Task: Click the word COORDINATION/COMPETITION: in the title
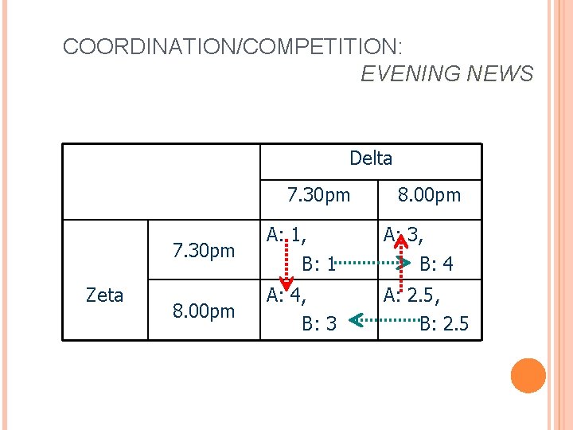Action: tap(233, 46)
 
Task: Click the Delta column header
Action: tap(371, 158)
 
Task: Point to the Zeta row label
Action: tap(104, 295)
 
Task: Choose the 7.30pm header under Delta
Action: tap(318, 195)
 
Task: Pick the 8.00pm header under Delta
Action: tap(429, 195)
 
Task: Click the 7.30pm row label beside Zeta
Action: tap(205, 252)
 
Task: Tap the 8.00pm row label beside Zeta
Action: tap(205, 311)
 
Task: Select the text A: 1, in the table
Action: tap(288, 235)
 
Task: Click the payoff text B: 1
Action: tap(318, 264)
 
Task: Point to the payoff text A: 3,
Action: tap(405, 235)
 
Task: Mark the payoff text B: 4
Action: tap(437, 264)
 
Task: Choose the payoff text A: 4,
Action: tap(288, 295)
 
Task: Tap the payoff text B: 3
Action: tap(319, 323)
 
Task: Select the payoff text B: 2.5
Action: tap(445, 323)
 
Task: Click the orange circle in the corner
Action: tap(528, 376)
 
